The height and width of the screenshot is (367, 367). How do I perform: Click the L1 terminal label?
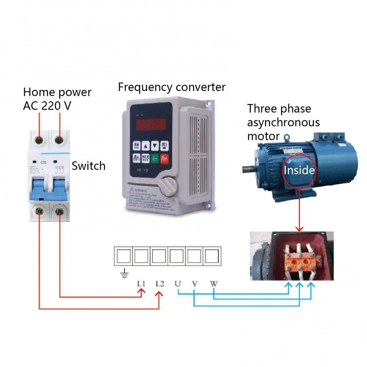pos(141,284)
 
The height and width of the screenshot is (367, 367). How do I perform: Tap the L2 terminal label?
pos(160,284)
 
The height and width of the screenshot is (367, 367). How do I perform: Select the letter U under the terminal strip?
pos(178,284)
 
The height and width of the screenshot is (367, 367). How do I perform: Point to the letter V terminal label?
pos(195,284)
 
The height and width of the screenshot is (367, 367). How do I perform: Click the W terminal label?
pos(214,284)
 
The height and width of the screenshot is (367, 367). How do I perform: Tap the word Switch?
pos(88,166)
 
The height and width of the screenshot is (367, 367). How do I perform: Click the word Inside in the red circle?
pos(299,170)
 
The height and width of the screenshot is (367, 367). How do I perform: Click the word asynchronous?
pos(283,122)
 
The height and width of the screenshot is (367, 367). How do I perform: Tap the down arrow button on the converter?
pos(155,146)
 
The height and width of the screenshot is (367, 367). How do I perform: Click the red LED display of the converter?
pos(151,125)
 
